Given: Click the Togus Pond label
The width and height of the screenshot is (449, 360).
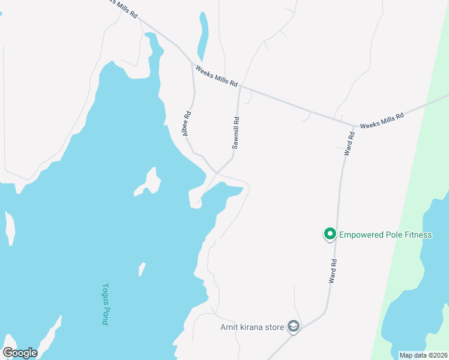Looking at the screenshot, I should [105, 304].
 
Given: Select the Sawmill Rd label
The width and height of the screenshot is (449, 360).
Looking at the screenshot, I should [237, 133].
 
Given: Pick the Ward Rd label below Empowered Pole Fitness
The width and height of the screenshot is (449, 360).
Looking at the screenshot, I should [332, 271].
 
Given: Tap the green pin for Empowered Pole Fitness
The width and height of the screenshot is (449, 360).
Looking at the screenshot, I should [330, 234].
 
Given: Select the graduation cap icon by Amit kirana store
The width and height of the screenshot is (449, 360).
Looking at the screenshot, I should [294, 326].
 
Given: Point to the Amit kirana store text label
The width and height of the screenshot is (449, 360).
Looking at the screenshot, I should [252, 326].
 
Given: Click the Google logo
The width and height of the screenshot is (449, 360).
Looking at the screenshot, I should [20, 353].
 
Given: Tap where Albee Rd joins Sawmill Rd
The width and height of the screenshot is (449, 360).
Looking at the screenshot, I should [216, 172].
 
